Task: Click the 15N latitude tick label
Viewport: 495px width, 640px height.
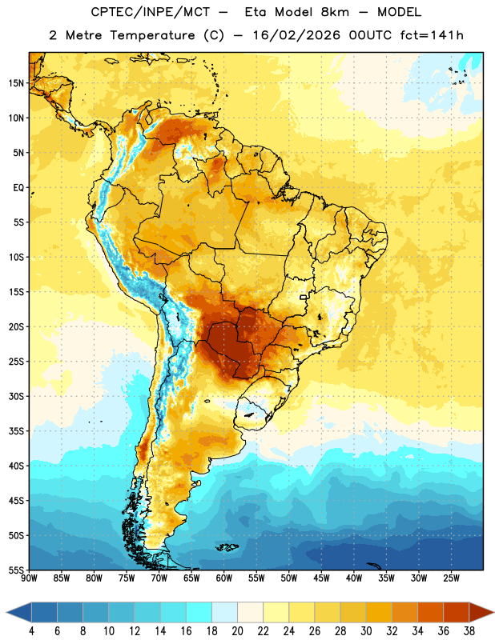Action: point(16,83)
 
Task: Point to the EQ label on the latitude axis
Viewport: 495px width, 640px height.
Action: point(18,188)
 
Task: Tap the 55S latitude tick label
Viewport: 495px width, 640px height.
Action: point(16,570)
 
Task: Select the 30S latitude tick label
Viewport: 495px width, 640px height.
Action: point(16,396)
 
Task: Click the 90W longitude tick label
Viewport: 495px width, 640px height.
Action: point(29,578)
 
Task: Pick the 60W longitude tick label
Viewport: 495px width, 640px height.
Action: point(224,578)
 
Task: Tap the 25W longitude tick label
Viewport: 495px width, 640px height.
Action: point(452,578)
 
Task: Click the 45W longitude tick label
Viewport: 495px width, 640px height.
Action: point(322,578)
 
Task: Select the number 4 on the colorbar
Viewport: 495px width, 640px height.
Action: point(31,631)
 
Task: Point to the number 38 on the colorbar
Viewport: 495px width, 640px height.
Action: point(469,631)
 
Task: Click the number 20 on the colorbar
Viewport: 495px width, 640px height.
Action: point(237,631)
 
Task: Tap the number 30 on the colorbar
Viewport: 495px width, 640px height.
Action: point(366,631)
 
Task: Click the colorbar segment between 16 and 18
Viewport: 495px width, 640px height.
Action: point(199,612)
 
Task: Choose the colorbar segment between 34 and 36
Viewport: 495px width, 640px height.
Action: point(430,612)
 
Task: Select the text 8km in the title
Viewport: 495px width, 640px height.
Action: point(335,12)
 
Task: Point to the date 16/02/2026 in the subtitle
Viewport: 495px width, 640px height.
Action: point(296,35)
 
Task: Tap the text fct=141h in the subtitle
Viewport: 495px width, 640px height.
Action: point(432,35)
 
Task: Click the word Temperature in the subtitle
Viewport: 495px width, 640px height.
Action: point(152,35)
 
